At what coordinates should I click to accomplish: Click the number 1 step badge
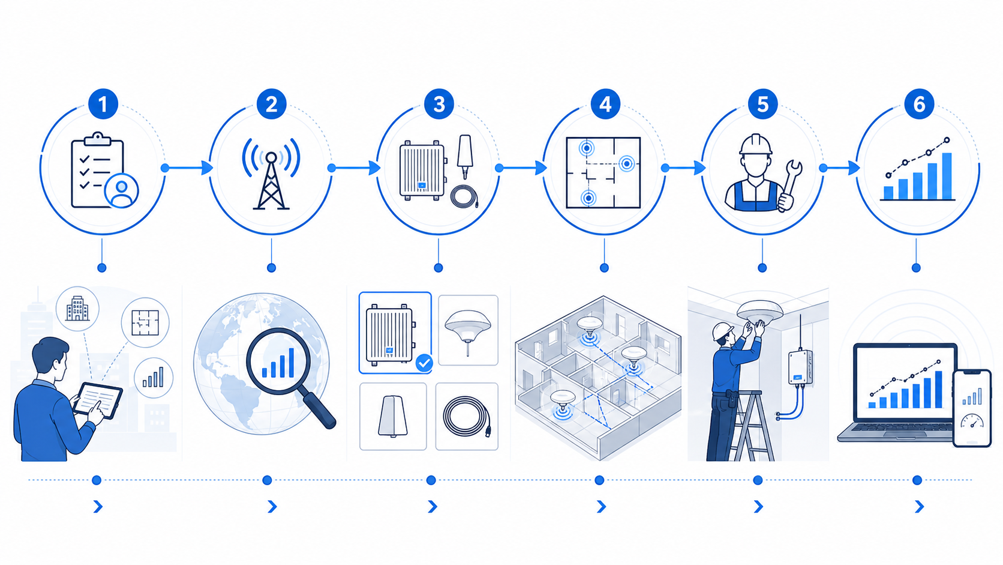pos(103,104)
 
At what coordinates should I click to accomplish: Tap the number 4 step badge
pos(605,104)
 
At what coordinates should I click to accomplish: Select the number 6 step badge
pos(919,104)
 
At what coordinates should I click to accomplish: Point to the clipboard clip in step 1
pos(97,139)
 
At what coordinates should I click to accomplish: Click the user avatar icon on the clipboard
pos(121,191)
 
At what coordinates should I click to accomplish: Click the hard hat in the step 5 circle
pos(756,144)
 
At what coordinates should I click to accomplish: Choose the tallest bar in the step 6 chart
pos(947,176)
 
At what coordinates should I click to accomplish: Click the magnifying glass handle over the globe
pos(319,410)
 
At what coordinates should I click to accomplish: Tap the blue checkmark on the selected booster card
pos(424,363)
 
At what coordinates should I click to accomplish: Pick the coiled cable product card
pos(467,416)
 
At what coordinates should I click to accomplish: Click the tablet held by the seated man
pos(98,400)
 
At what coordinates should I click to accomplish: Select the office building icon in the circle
pos(77,308)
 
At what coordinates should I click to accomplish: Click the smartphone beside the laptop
pos(972,408)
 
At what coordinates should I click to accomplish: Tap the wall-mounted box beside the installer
pos(800,367)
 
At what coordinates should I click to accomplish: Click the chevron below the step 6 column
pos(919,507)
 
